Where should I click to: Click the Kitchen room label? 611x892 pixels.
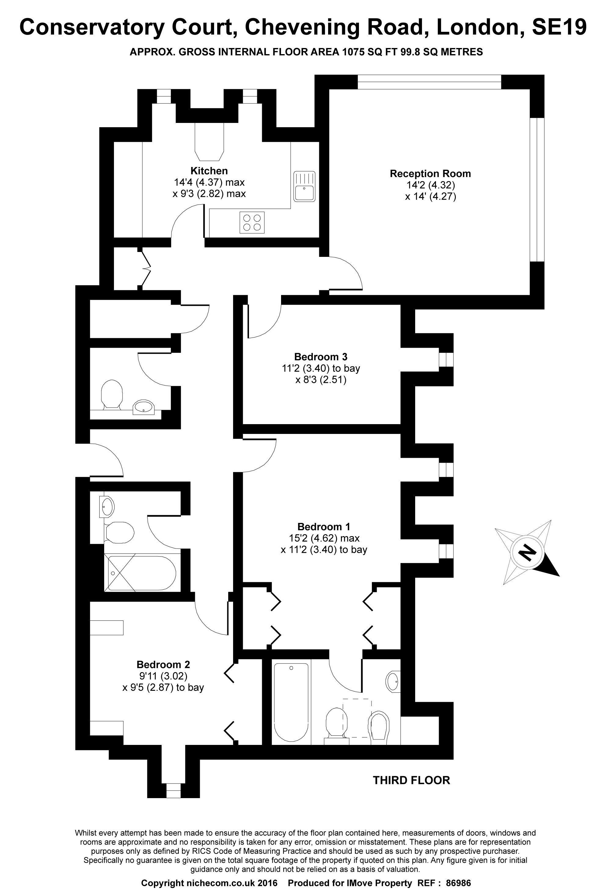coord(209,171)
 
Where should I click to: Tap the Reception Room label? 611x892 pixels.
coord(430,173)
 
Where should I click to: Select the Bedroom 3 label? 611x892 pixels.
coord(321,357)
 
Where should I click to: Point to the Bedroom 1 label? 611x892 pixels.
coord(324,527)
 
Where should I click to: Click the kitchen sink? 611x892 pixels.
coord(305,186)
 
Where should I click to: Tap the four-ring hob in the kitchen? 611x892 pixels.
coord(252,222)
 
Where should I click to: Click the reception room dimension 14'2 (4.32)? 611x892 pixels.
coord(431,185)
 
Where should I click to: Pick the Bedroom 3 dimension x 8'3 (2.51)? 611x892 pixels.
coord(321,380)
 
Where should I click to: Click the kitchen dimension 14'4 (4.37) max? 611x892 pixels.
coord(209,182)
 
